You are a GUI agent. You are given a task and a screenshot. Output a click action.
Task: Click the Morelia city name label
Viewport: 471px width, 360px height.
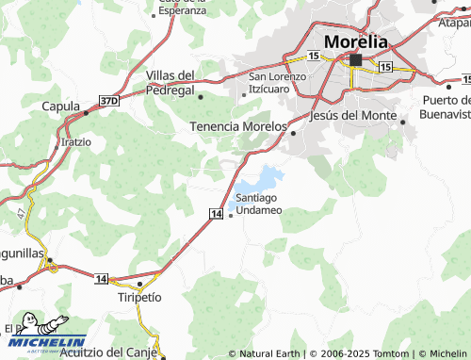tap(354, 41)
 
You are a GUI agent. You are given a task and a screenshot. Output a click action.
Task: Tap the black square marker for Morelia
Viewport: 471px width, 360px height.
tap(355, 60)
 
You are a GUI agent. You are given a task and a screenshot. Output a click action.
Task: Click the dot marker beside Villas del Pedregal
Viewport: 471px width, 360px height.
tap(201, 95)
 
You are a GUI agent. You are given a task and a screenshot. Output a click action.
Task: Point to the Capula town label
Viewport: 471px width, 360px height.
tap(60, 106)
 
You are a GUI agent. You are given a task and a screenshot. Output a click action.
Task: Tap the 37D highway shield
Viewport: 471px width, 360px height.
tap(109, 100)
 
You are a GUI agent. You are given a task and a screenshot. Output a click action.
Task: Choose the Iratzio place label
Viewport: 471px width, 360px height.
tap(76, 142)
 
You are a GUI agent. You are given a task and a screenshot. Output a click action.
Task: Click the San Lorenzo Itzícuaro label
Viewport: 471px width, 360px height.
tap(277, 82)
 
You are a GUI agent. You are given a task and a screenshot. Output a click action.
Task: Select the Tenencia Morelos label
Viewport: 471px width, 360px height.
tap(238, 125)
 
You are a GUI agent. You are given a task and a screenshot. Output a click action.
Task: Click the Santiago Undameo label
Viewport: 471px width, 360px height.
tap(258, 203)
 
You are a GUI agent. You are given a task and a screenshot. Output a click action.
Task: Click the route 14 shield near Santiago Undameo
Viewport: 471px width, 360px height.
tap(216, 215)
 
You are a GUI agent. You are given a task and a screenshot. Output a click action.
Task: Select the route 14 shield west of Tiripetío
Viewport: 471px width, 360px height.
tap(102, 279)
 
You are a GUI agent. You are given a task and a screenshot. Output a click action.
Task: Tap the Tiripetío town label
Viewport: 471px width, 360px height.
tap(139, 296)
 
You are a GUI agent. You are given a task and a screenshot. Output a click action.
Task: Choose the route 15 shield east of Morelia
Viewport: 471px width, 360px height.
tap(385, 68)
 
